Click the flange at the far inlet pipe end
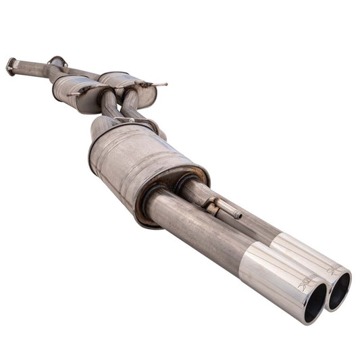pos(11,66)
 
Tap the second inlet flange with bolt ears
pos(57,62)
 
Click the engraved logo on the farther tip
pos(334,268)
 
